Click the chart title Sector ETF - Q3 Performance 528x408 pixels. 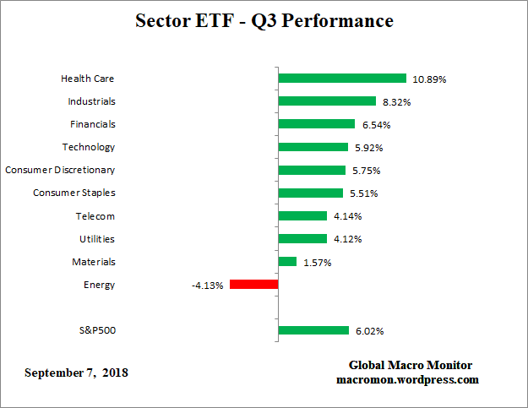[x=264, y=21]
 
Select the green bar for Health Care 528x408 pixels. [x=342, y=79]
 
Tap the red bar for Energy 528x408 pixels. [x=253, y=285]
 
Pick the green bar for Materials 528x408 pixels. [x=287, y=262]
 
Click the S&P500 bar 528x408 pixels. [x=313, y=330]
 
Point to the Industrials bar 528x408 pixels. [x=327, y=101]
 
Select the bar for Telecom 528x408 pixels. [x=302, y=216]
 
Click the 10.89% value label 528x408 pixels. [x=429, y=79]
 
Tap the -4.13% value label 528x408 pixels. [x=207, y=286]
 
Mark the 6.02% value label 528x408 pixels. [x=368, y=331]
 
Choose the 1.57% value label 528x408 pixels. [x=316, y=263]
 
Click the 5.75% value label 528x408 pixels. [x=365, y=171]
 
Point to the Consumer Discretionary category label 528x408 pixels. [x=60, y=170]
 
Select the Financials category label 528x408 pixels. [x=92, y=124]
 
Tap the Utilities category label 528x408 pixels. [x=97, y=239]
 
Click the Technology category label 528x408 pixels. [x=89, y=147]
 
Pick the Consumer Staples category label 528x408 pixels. [x=74, y=193]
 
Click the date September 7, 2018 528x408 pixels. [x=77, y=373]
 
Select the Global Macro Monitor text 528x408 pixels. [x=411, y=365]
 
